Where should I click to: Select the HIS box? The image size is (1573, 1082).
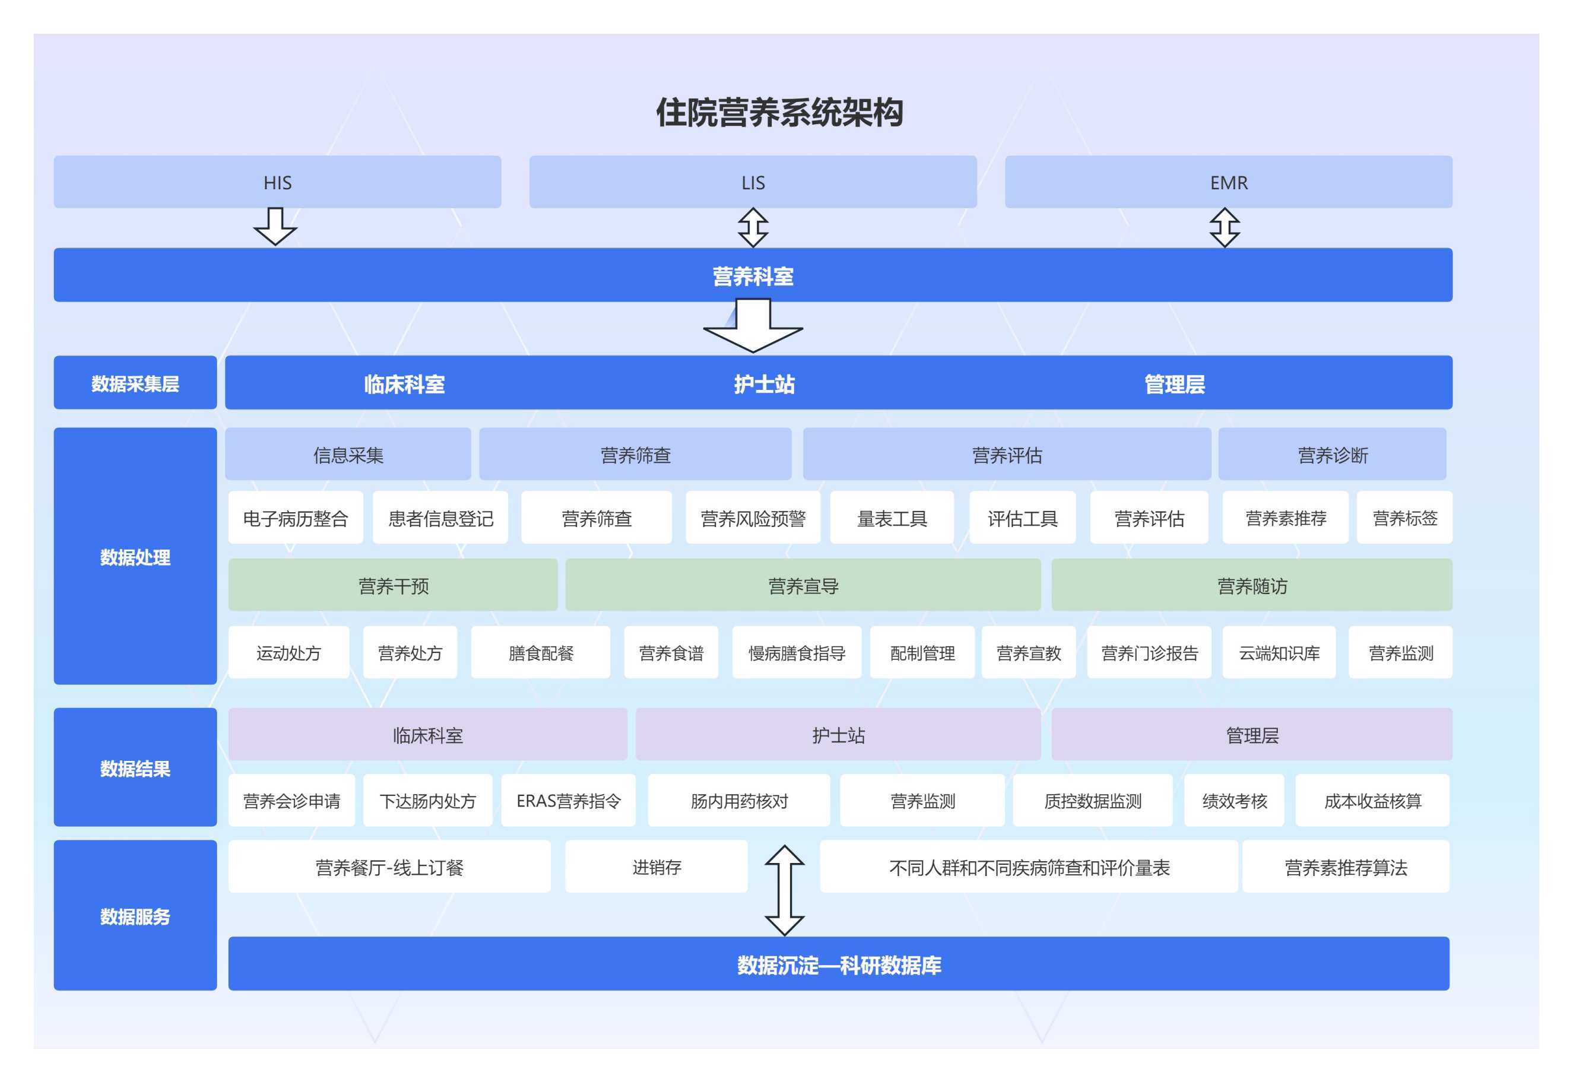[x=277, y=182]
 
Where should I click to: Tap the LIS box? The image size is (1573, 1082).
[x=753, y=182]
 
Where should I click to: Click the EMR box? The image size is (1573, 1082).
[x=1228, y=182]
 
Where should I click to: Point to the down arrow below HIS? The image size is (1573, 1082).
[x=275, y=227]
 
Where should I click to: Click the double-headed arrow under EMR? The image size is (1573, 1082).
[x=1225, y=227]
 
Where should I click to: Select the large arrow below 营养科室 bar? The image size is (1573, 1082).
[x=753, y=327]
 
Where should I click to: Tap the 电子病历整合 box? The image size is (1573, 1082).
[x=295, y=519]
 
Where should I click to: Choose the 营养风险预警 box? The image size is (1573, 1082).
[x=753, y=519]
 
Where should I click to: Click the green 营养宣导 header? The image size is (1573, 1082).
[x=803, y=585]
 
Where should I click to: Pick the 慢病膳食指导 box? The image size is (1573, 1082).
[x=797, y=653]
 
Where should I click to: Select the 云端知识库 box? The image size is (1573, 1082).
[x=1279, y=653]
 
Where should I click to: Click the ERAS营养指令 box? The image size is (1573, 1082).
[x=568, y=801]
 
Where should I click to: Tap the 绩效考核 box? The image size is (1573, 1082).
[x=1234, y=801]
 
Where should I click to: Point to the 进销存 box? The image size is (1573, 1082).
[x=657, y=867]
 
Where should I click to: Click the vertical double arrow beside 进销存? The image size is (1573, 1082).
[x=785, y=891]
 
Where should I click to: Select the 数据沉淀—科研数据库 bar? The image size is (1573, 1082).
[x=839, y=964]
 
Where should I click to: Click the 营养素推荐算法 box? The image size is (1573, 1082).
[x=1346, y=867]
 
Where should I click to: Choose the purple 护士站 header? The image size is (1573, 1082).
[x=838, y=735]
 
